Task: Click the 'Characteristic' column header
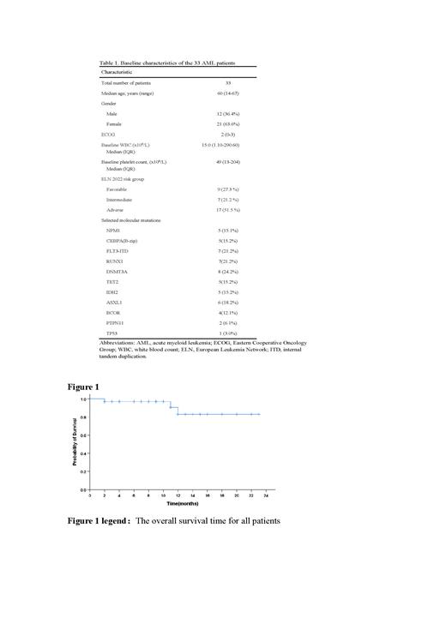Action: point(119,72)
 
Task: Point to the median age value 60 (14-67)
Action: point(227,93)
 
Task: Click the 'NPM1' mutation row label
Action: point(113,231)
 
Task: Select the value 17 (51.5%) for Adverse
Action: point(227,210)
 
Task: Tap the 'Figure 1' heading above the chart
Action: point(84,387)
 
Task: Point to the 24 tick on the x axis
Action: point(266,495)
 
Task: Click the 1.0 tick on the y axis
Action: point(84,399)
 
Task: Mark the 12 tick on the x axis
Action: point(178,495)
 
